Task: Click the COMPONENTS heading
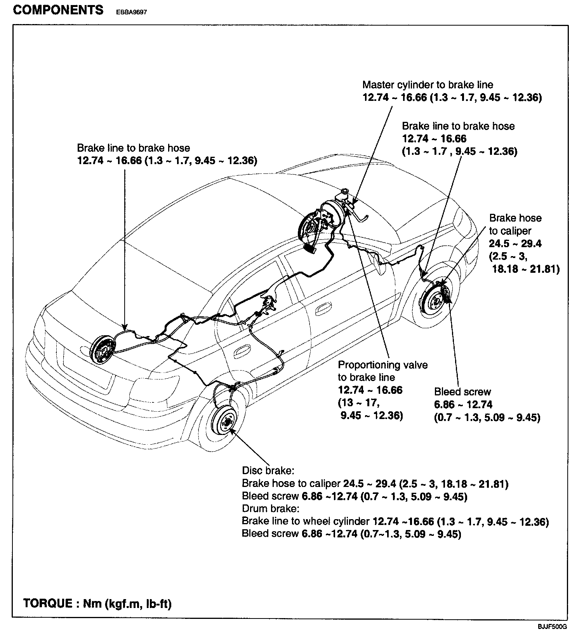point(58,10)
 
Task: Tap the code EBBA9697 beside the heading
point(131,12)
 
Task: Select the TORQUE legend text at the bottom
point(97,603)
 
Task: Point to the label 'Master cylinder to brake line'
point(428,85)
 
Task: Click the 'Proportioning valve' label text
point(382,365)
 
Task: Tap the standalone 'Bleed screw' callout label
point(462,392)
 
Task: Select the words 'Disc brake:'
point(268,471)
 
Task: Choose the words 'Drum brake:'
point(270,508)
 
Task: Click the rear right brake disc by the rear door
point(225,424)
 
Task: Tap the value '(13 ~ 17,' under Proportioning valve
point(358,403)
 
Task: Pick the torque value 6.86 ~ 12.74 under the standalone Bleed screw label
point(463,405)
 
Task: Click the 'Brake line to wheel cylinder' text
point(306,521)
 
